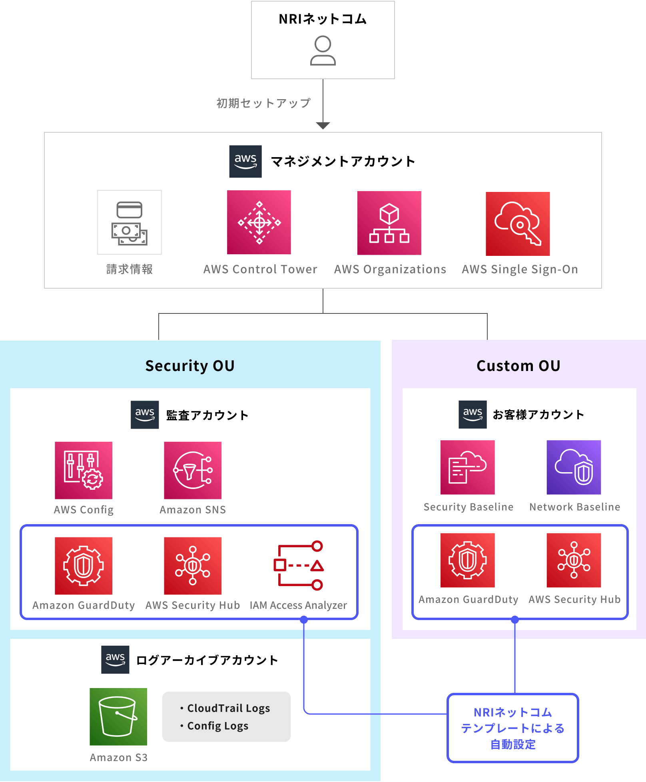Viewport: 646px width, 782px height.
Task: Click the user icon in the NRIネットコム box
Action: tap(323, 50)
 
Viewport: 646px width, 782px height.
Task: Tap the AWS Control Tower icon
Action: tap(259, 222)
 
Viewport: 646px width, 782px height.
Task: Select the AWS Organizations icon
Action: tap(389, 223)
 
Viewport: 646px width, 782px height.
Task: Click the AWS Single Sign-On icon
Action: tap(518, 223)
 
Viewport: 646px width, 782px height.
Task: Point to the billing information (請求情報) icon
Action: tap(130, 222)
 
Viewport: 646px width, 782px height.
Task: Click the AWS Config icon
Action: tap(84, 470)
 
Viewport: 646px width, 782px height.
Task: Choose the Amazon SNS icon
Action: tap(193, 470)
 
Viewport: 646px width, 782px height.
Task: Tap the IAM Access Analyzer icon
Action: tap(298, 566)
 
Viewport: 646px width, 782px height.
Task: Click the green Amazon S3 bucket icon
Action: tap(118, 716)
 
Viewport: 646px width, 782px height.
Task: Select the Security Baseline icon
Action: tap(468, 467)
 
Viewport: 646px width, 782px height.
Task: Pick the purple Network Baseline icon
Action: tap(574, 467)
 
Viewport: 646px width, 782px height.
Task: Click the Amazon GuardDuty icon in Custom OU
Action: tap(468, 560)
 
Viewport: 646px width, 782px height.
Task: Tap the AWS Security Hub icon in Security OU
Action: tap(193, 566)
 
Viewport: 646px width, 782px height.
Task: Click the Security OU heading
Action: tap(190, 366)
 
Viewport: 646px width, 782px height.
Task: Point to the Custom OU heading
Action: tap(518, 366)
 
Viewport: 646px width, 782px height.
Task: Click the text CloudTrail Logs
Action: tap(229, 708)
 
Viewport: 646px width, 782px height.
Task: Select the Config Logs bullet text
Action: tap(218, 726)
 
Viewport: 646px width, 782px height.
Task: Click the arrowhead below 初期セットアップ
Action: tap(323, 126)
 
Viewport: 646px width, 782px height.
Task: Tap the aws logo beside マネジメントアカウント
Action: tap(245, 162)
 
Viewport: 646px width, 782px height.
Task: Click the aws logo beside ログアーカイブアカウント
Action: tap(115, 660)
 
